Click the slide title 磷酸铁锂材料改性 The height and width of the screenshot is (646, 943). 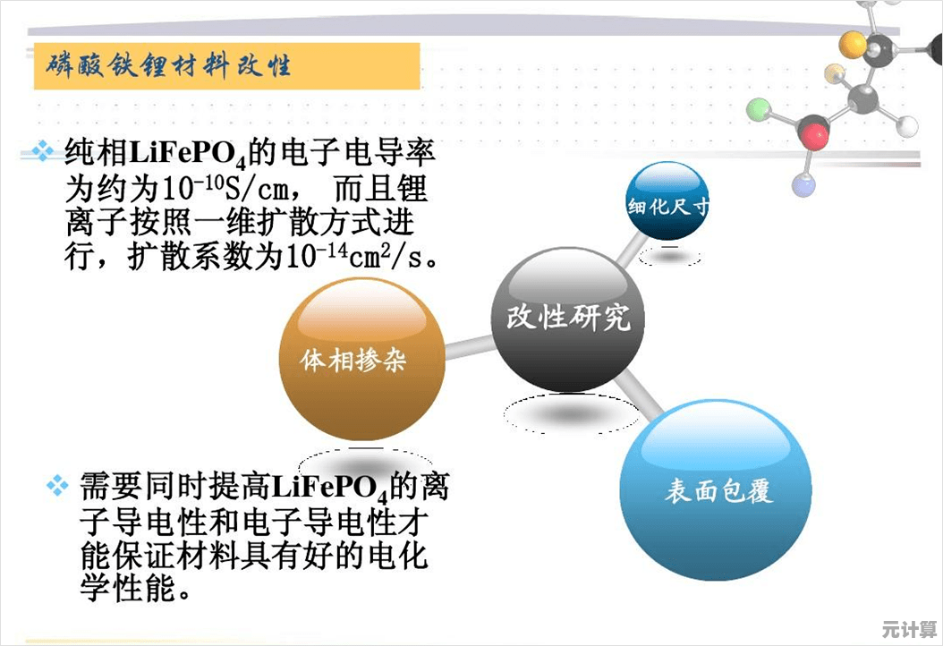pos(169,66)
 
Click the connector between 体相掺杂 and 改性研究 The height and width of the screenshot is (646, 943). pos(468,344)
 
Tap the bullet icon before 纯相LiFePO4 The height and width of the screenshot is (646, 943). pos(43,150)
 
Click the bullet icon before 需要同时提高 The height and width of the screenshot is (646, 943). pos(57,486)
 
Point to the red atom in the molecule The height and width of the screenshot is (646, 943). pos(813,136)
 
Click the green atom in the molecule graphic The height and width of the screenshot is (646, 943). pos(759,110)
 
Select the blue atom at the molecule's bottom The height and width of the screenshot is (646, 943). pos(803,185)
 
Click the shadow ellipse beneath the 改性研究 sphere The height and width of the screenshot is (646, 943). pos(570,414)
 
